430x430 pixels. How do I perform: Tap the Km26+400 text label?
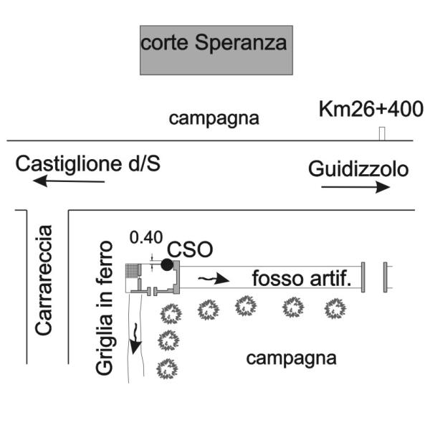(x=371, y=109)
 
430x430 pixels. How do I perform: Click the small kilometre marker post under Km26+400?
(x=382, y=133)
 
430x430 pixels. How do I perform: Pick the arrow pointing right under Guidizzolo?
(x=355, y=187)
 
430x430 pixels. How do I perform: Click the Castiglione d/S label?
(x=88, y=164)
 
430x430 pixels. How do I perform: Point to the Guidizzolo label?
(x=358, y=170)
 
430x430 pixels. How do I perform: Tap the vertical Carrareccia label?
(x=44, y=280)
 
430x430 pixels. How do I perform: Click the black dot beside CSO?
(x=167, y=264)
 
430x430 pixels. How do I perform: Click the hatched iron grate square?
(x=132, y=270)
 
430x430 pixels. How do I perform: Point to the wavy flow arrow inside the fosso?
(x=214, y=278)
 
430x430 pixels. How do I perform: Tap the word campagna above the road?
(x=214, y=118)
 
